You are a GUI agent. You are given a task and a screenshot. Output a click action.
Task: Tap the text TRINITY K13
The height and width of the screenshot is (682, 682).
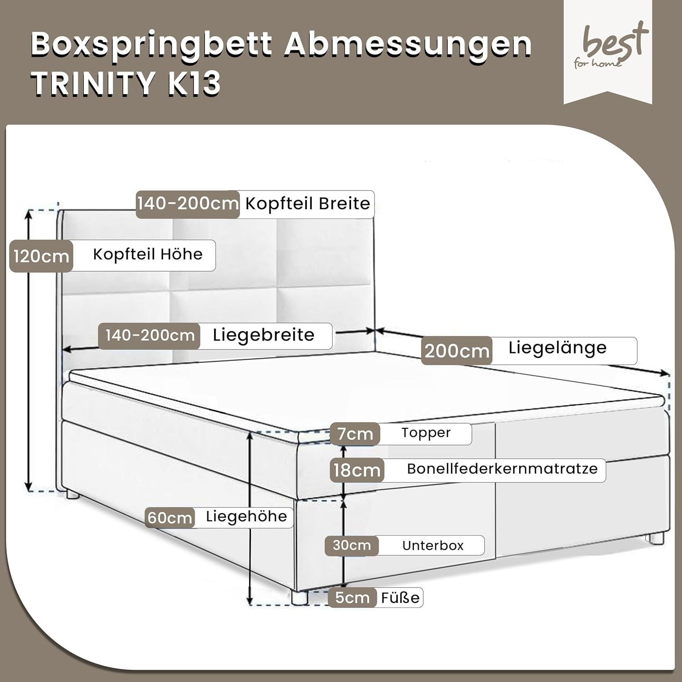pos(126,84)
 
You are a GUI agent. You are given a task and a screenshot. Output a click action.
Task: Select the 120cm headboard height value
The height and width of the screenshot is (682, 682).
pos(41,256)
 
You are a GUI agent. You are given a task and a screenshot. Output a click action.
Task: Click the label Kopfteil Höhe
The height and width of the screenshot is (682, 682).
pos(148,254)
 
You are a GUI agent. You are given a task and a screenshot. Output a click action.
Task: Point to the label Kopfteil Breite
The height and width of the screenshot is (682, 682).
pos(307,204)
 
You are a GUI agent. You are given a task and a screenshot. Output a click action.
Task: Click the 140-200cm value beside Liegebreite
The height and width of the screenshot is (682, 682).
pos(150,336)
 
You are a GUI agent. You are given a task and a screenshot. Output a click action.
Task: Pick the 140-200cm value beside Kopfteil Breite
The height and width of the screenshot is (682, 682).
pos(188,204)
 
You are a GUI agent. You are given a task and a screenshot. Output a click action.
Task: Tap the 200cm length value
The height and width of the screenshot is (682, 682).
pos(456,351)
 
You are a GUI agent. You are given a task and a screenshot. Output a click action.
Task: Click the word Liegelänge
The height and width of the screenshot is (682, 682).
pos(557,348)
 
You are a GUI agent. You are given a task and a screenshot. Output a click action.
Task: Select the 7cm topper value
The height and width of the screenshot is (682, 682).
pos(355,434)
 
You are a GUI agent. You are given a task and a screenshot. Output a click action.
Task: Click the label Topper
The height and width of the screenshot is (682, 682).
pos(426,433)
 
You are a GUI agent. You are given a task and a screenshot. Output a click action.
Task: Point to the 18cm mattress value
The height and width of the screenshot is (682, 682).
pos(356,470)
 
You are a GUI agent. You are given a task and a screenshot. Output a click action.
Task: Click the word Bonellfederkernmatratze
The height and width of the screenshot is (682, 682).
pos(502,469)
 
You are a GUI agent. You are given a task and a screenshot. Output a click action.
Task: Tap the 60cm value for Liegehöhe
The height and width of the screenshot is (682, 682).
pos(170,518)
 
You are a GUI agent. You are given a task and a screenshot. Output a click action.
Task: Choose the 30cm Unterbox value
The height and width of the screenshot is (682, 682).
pos(351,546)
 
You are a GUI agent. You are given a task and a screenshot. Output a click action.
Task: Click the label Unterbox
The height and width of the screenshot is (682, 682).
pos(433,546)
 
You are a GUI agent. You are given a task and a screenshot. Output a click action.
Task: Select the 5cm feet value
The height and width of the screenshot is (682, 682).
pos(352,597)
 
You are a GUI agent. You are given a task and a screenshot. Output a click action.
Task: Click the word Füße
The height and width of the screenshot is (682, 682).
pos(400,597)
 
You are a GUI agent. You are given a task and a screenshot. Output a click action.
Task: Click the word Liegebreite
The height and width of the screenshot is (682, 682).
pos(264,336)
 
